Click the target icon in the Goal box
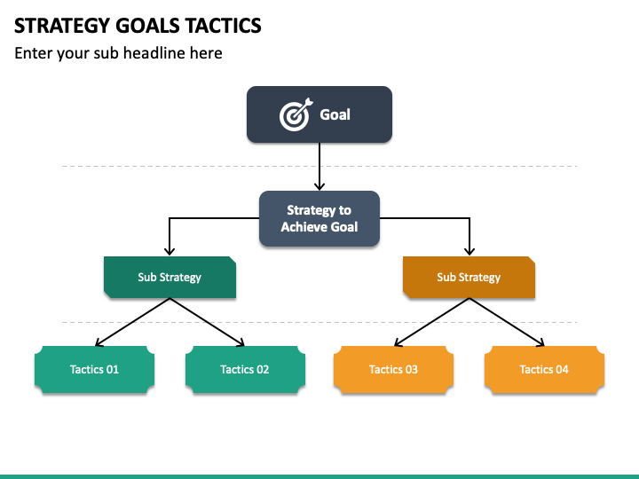[296, 114]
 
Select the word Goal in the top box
[335, 114]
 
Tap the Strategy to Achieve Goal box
[319, 218]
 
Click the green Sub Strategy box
[170, 277]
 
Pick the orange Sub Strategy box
[469, 277]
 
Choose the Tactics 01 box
[95, 369]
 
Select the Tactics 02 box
[245, 369]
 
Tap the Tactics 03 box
[394, 369]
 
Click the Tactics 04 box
[544, 369]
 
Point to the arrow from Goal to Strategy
[319, 166]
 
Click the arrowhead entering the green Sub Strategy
[170, 250]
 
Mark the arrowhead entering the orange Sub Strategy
[469, 250]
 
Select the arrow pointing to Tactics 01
[132, 322]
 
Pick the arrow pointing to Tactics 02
[207, 322]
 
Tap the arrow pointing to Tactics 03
[431, 322]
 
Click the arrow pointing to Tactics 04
[507, 322]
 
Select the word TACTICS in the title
[224, 26]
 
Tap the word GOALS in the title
[148, 26]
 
